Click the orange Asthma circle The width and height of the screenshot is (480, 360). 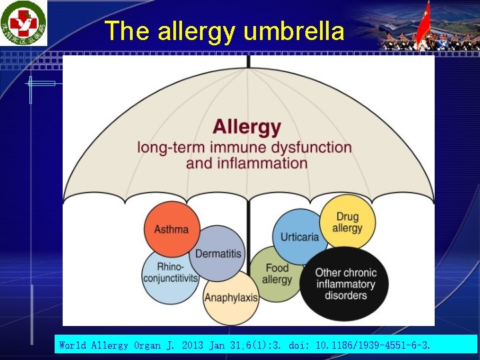point(171,229)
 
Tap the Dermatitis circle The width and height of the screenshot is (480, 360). point(218,253)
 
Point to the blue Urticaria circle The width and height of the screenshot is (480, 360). point(299,237)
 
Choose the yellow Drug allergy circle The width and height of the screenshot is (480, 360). point(347,222)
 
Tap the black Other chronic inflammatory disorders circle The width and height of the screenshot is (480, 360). point(345,284)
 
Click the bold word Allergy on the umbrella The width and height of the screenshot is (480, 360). point(247,127)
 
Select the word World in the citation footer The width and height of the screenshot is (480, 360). point(73,345)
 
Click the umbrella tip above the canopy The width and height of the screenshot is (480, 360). point(249,61)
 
